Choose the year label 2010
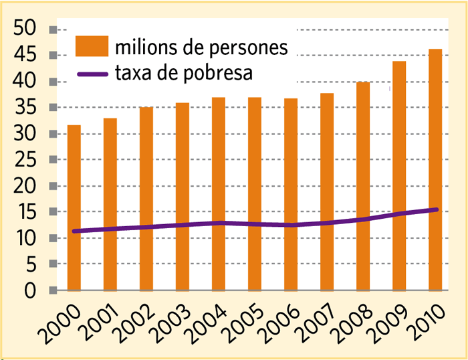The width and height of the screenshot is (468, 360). click(425, 325)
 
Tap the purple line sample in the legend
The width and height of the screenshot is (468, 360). click(92, 73)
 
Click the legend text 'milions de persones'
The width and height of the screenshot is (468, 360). click(201, 48)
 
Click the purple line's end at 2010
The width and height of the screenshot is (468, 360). click(435, 210)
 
